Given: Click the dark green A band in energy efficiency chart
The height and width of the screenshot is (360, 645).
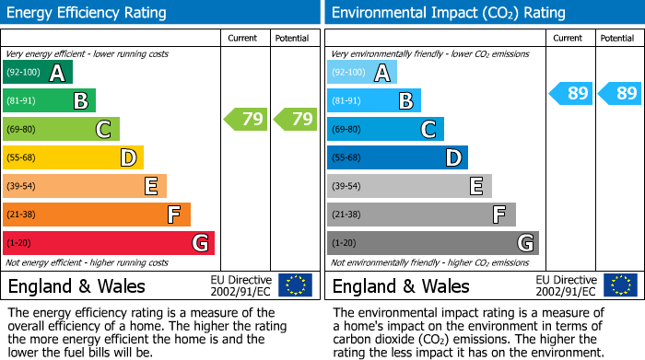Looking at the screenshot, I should pos(38,73).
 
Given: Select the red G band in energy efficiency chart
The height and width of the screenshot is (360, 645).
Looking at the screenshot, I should pos(109,243).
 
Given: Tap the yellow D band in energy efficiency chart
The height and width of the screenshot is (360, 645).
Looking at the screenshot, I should pos(73,158).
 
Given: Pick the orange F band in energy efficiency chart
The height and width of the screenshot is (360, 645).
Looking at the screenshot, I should pos(97,215).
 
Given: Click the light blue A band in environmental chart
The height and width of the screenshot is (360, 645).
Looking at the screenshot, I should pos(362,73).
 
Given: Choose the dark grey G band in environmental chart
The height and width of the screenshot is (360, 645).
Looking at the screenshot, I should pos(433,243).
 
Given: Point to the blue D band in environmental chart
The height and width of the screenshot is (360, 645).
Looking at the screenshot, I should pos(397,158).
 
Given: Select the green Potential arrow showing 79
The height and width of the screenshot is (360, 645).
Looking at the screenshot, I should pos(294,119).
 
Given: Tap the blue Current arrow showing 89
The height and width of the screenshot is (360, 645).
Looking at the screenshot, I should pos(571,93).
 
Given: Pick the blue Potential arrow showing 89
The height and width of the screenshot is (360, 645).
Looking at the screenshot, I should pos(619,93).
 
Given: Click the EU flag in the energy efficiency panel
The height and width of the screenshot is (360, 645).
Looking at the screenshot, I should pos(295,285).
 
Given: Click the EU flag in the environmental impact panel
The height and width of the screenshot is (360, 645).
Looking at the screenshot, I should pos(620,285).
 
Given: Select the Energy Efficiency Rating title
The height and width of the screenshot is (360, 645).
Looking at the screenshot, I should pos(88,13).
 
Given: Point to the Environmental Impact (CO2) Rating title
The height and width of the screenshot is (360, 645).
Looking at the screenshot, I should pos(448,13).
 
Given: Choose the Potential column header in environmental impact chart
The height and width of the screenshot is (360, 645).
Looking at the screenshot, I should pos(617,38).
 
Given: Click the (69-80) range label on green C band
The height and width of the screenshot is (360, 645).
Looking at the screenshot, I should pos(24,130).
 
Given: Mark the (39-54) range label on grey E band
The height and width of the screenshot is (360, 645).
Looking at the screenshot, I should pos(348,187).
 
